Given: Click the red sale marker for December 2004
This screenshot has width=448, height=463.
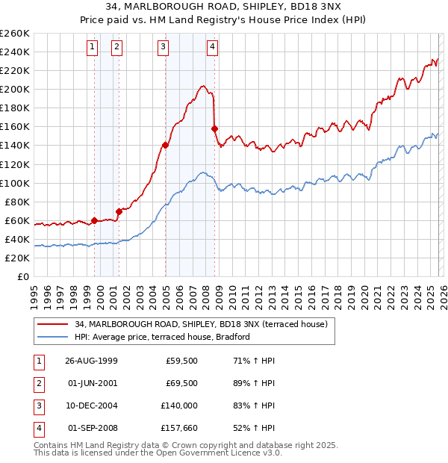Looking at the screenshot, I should pos(165,145).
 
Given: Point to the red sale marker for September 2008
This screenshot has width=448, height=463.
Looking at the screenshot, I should pos(214,128).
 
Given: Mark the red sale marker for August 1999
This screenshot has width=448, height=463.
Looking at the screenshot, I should pos(95,220).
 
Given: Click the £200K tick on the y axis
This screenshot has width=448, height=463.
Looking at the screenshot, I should pos(14,89).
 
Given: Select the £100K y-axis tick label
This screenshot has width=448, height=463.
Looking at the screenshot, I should pos(14,183).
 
